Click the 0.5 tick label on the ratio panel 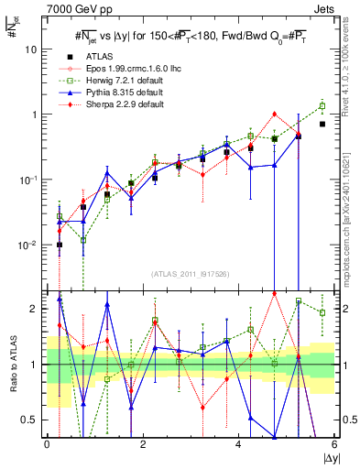click(x=30, y=420)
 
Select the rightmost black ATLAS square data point click(x=322, y=124)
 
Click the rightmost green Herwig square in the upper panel click(x=322, y=105)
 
